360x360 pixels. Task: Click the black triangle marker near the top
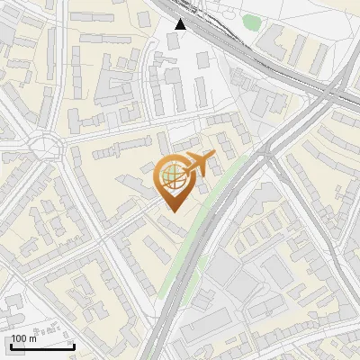pos(181,24)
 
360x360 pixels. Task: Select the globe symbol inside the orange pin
pos(171,175)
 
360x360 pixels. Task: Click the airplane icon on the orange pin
pos(197,164)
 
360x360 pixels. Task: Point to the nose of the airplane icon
pos(214,157)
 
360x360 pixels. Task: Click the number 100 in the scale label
pos(18,338)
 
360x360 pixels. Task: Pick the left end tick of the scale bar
pos(8,346)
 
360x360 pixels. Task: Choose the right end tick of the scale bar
pos(75,346)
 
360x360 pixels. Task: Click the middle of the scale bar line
pos(41,347)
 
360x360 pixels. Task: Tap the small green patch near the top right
pos(252,22)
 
